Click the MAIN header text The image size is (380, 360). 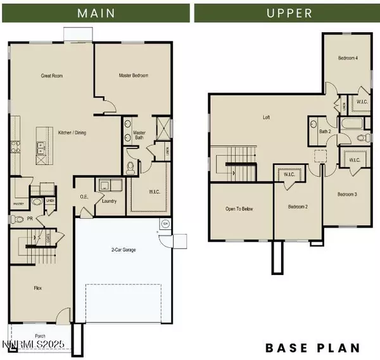pyautogui.click(x=96, y=13)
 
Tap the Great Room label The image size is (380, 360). pyautogui.click(x=52, y=76)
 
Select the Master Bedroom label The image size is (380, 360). pyautogui.click(x=134, y=76)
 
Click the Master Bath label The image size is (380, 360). pyautogui.click(x=139, y=136)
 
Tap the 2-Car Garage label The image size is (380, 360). pyautogui.click(x=122, y=250)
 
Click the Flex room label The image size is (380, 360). pyautogui.click(x=39, y=288)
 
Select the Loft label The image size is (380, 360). pyautogui.click(x=267, y=117)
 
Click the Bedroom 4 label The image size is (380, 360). pyautogui.click(x=348, y=58)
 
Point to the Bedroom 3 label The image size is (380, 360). pyautogui.click(x=347, y=194)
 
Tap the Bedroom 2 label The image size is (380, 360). pyautogui.click(x=297, y=207)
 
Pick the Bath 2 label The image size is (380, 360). pyautogui.click(x=326, y=132)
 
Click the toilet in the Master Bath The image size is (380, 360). pyautogui.click(x=131, y=167)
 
